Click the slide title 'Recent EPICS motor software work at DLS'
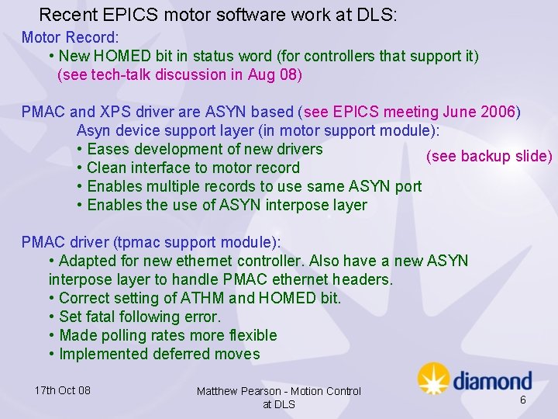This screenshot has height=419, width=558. [x=218, y=15]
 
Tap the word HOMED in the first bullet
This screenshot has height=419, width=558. [x=150, y=56]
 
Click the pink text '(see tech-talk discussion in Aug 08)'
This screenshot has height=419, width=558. [x=180, y=74]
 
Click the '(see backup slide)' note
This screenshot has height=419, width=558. [x=489, y=156]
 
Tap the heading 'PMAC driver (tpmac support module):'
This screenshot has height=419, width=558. [x=151, y=242]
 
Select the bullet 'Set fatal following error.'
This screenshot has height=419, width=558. [x=139, y=317]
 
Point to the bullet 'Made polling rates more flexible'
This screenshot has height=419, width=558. [x=167, y=335]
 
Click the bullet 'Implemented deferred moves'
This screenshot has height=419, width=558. [x=159, y=354]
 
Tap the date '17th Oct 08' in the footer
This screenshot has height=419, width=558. [x=63, y=390]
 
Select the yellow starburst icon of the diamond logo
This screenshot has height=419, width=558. [x=433, y=379]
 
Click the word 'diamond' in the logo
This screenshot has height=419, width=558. [x=492, y=381]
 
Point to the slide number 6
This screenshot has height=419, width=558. [x=522, y=399]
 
